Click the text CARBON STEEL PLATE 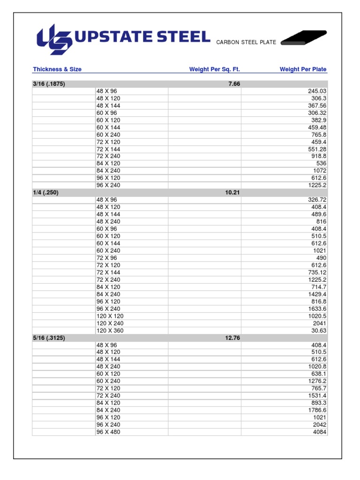[246, 43]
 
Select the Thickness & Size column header [57, 69]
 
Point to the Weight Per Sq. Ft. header [214, 69]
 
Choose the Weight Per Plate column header [303, 69]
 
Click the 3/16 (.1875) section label [49, 84]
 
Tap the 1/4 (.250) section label [45, 193]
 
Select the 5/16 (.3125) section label [49, 338]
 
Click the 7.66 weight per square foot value [233, 84]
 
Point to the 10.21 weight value [232, 193]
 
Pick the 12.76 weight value [232, 338]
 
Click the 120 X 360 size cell [110, 330]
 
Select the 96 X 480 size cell [108, 432]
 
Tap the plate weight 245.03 [317, 91]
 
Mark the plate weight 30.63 [318, 330]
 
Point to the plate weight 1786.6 [317, 410]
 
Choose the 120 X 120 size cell [110, 316]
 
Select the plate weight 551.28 [317, 149]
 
